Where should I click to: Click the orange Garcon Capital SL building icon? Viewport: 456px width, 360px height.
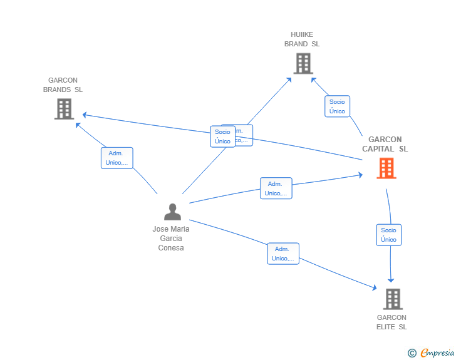click(x=386, y=168)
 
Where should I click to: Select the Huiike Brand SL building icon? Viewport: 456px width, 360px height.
click(x=303, y=63)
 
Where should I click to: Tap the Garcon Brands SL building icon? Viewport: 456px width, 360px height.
click(x=64, y=109)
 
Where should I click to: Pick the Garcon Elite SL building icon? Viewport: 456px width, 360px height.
click(x=392, y=299)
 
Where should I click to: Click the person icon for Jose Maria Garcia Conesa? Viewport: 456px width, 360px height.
click(x=172, y=212)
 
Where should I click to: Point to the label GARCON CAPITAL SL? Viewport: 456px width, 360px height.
click(x=385, y=144)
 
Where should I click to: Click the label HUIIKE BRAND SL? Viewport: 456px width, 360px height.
click(x=302, y=39)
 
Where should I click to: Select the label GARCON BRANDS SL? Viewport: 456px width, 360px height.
click(x=63, y=85)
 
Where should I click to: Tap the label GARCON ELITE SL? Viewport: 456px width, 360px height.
click(x=391, y=322)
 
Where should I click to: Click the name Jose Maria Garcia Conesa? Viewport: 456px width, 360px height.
click(x=171, y=238)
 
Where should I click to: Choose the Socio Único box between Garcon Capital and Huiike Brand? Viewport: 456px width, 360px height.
click(x=337, y=106)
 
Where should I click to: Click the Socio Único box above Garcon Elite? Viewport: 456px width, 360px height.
click(x=388, y=235)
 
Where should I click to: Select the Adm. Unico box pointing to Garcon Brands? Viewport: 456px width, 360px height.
click(x=117, y=158)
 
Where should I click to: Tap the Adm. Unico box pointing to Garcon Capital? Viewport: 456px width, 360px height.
click(x=276, y=188)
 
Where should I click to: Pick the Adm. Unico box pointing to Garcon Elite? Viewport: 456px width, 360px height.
click(x=282, y=254)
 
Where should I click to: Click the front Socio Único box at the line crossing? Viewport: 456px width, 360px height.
click(x=222, y=136)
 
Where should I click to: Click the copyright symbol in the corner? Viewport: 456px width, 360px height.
click(x=412, y=354)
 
